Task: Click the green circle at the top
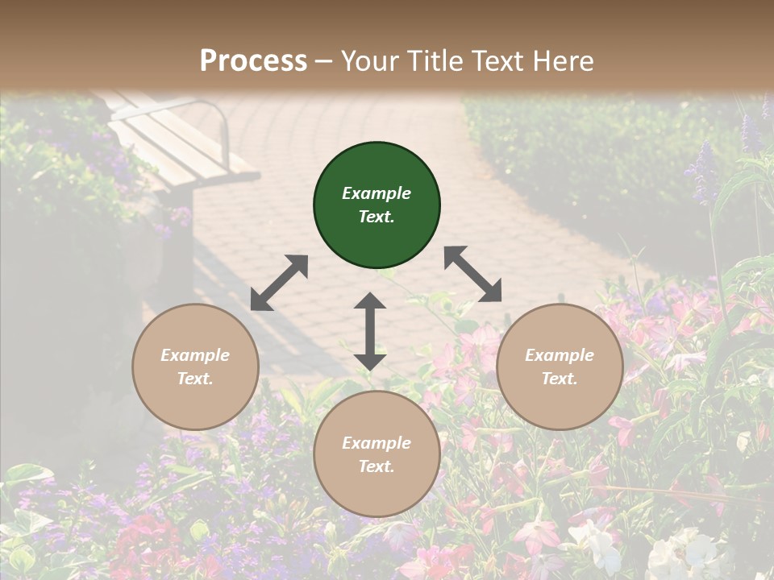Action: pos(377,205)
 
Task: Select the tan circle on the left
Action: pos(195,367)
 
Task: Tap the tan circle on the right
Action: pos(560,367)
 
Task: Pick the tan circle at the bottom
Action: pos(377,454)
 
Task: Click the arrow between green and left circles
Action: pos(279,283)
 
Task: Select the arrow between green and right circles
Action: pos(472,274)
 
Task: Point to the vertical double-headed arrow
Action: pos(370,331)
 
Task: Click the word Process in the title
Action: pos(253,60)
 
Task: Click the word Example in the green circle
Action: pos(377,193)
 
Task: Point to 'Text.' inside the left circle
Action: pos(195,379)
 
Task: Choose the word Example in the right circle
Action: pos(560,355)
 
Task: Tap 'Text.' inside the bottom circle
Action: pos(377,466)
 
